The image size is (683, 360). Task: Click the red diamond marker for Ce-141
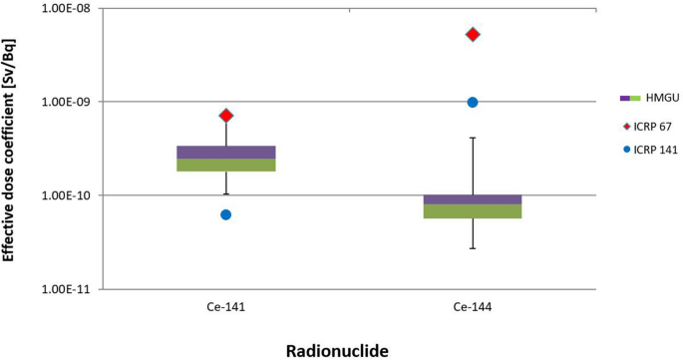pos(226,116)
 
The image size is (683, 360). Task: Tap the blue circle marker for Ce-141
pos(226,214)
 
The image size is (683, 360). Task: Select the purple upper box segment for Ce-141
pos(226,152)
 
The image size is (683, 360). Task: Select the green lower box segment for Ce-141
pos(226,165)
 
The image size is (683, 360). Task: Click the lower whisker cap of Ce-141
pos(226,194)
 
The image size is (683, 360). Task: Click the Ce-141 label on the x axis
pos(226,309)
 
